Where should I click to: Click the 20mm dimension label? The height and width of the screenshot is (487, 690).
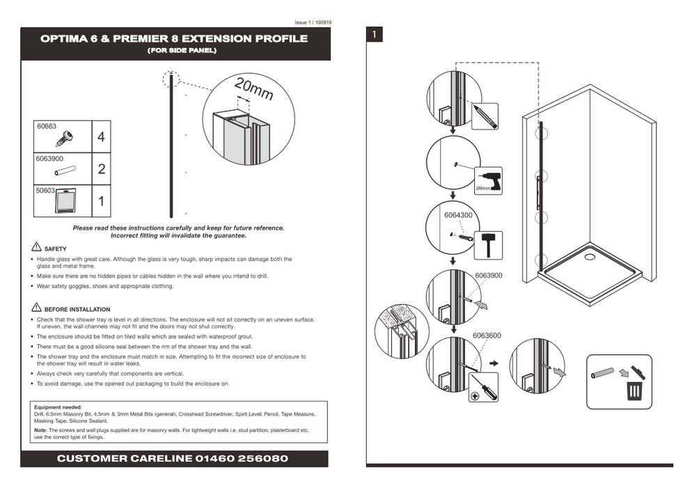(253, 88)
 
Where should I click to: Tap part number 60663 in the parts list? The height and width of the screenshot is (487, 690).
(47, 127)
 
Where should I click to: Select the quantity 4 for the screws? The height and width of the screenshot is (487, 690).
(101, 137)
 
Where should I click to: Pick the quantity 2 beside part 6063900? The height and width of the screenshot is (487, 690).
(101, 169)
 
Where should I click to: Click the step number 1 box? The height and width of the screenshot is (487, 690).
(375, 34)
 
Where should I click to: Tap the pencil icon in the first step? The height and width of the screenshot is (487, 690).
(485, 115)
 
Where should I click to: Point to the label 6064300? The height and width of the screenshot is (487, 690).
(458, 216)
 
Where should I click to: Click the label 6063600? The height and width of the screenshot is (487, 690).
(487, 335)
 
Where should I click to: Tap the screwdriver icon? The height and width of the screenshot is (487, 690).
(484, 387)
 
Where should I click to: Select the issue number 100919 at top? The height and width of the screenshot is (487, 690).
(323, 22)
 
